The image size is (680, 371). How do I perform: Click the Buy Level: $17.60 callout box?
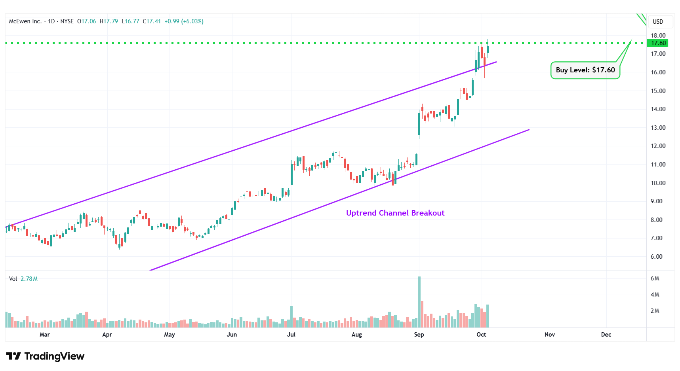pos(585,70)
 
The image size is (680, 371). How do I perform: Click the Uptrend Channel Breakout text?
pos(395,213)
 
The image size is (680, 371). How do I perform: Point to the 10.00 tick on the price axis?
pos(658,183)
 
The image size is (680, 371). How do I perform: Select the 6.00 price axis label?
pos(656,256)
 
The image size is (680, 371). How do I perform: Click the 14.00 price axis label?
pos(658,109)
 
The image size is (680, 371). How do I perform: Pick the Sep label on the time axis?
pos(419,335)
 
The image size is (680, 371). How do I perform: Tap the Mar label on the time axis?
pos(45,335)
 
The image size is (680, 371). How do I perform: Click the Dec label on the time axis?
pos(606,335)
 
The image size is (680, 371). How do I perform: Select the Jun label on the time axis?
pos(232,335)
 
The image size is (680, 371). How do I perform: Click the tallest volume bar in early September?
pos(419,301)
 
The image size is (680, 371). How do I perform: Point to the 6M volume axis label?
pos(655,278)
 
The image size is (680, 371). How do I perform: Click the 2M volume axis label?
pos(655,311)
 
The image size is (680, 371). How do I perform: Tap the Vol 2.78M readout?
pos(23,279)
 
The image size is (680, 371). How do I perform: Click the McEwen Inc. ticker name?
pos(25,21)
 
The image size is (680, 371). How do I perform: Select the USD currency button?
pos(658,22)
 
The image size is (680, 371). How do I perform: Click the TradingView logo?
pos(45,356)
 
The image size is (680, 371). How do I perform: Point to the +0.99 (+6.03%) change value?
pos(184,21)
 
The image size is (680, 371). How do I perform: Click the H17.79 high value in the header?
pos(109,21)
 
